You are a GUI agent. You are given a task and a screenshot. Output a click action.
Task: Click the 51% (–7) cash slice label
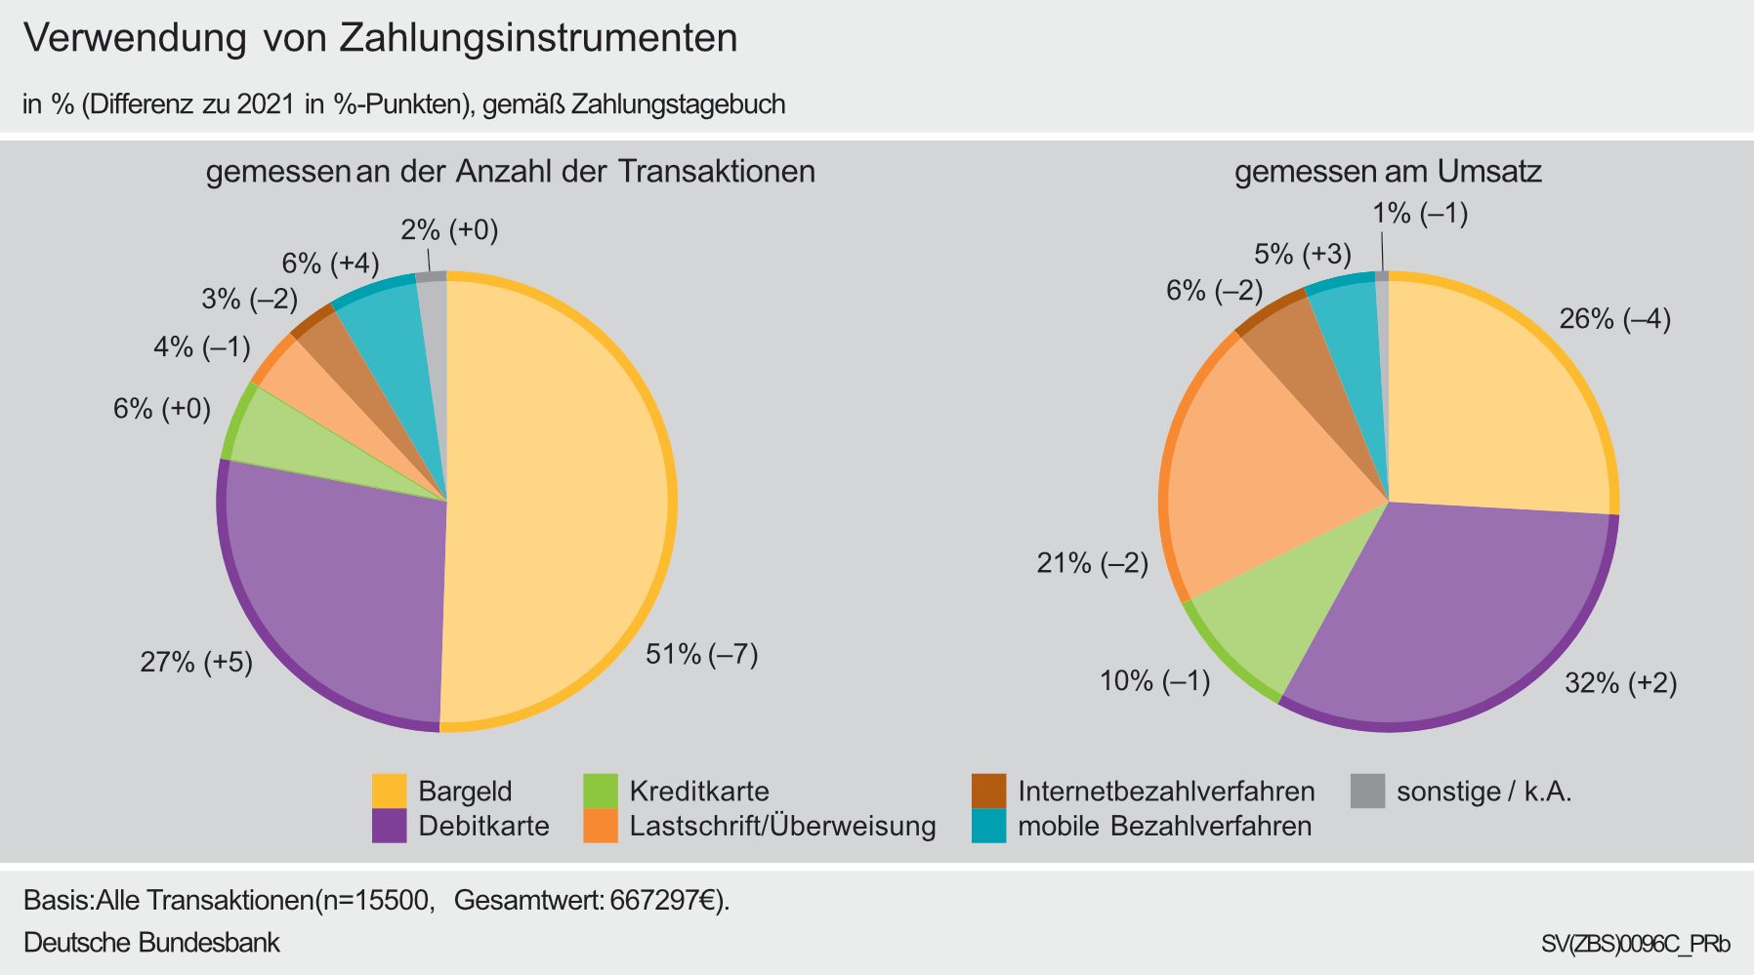click(x=701, y=655)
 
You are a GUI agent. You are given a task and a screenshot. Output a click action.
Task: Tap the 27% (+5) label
click(x=196, y=664)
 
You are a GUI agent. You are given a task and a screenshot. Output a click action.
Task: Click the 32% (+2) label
click(x=1620, y=684)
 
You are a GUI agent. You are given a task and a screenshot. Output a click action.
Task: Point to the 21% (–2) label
click(x=1092, y=563)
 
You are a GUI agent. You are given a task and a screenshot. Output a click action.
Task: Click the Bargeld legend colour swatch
click(x=389, y=791)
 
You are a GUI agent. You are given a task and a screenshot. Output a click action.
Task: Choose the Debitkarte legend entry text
click(x=483, y=827)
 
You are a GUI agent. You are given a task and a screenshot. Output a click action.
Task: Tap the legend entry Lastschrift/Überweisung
click(x=782, y=827)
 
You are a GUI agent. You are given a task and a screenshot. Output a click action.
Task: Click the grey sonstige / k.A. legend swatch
click(x=1368, y=791)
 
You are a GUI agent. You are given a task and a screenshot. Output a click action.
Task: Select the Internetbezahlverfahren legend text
click(x=1166, y=791)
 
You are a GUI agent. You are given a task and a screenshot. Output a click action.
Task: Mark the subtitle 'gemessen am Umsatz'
click(x=1388, y=173)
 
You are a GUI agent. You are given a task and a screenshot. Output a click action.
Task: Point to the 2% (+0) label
click(x=449, y=230)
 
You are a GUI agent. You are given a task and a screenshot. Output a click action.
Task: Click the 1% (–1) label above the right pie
click(x=1420, y=214)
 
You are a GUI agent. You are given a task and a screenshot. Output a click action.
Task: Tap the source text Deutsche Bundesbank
click(x=151, y=943)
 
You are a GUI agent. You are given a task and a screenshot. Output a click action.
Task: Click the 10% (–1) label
click(x=1155, y=681)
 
